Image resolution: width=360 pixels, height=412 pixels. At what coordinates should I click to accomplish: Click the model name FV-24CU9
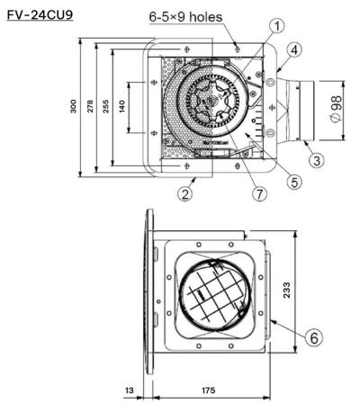click(40, 14)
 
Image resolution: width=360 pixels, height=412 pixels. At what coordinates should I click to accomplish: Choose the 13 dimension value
click(131, 392)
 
